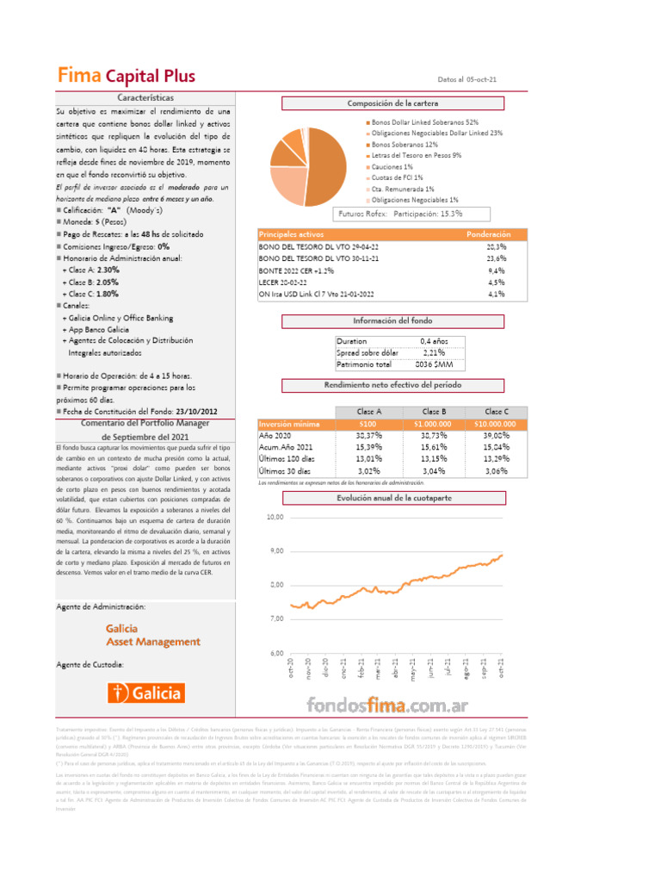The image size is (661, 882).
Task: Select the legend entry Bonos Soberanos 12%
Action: [405, 145]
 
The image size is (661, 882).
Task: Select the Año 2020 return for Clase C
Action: [497, 436]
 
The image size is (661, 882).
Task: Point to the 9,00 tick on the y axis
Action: [275, 550]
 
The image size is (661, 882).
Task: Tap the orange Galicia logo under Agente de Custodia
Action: [145, 692]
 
